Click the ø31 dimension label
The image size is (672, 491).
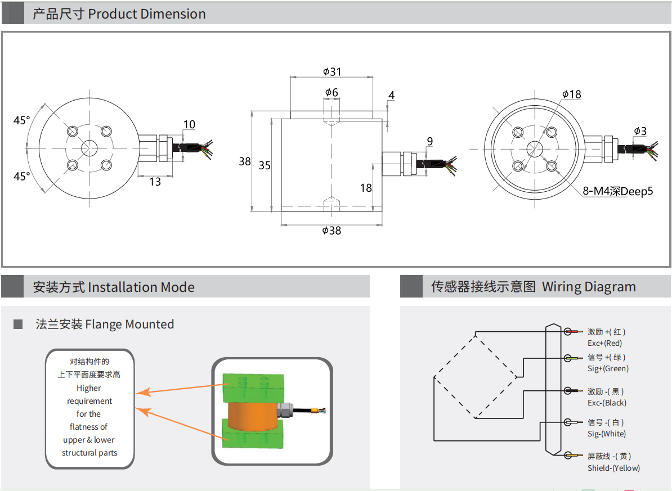332,71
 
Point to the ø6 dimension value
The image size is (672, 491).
331,92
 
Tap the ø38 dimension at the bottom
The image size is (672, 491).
331,230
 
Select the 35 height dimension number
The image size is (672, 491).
265,165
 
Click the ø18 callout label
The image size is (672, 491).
571,94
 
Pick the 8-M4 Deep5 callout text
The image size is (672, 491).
618,191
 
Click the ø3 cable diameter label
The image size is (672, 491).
640,131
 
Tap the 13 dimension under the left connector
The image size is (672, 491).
155,182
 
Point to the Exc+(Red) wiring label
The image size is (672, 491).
604,343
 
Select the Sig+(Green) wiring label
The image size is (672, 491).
608,368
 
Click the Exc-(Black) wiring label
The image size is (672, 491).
607,403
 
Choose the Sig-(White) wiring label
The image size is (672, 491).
607,434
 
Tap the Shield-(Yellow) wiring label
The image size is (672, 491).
613,468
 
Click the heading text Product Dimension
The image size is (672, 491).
147,13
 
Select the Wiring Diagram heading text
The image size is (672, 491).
589,287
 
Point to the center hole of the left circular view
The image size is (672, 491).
88,148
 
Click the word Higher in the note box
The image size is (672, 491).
89,388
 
